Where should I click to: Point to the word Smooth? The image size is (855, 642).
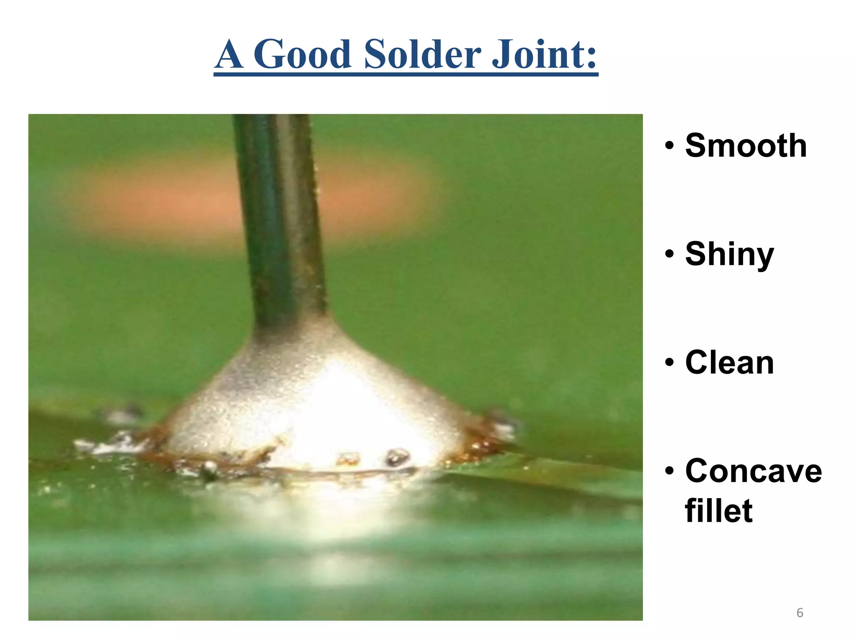[746, 145]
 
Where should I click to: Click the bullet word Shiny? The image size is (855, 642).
[729, 254]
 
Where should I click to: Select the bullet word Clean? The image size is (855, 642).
[729, 362]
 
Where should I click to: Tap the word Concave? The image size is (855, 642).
[753, 471]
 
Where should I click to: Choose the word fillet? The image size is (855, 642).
[718, 511]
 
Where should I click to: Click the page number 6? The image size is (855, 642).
[800, 613]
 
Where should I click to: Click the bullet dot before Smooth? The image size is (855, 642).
[670, 146]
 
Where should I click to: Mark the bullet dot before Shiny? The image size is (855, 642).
[670, 254]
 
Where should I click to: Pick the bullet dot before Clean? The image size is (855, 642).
[670, 362]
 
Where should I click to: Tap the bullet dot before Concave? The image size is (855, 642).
[670, 471]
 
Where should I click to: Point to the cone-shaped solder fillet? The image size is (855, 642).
[309, 401]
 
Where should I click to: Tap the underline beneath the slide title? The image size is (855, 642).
[406, 74]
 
